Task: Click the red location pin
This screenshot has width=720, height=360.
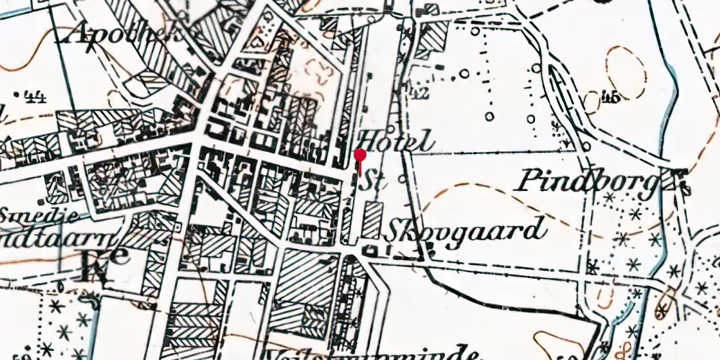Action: [x=360, y=156]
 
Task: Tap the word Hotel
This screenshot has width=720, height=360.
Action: [x=396, y=140]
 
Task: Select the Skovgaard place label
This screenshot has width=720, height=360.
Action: [x=464, y=230]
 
